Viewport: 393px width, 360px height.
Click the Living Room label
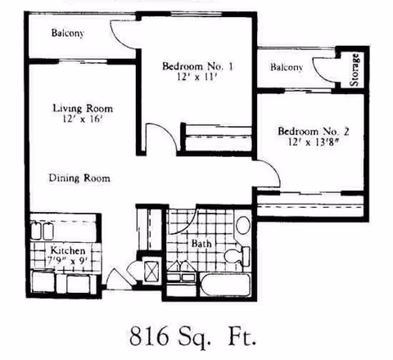[83, 108]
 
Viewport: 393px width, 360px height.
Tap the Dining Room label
[79, 178]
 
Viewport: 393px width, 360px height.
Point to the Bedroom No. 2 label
[314, 131]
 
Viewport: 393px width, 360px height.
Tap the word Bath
[201, 244]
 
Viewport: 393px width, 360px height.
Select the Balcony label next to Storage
[287, 67]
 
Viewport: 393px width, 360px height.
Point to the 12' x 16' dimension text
[82, 120]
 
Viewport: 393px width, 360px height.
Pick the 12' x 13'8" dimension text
[314, 142]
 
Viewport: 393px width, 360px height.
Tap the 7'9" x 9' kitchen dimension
[67, 261]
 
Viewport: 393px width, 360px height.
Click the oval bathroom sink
[243, 226]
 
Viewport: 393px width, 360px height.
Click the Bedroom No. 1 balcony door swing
[123, 33]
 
